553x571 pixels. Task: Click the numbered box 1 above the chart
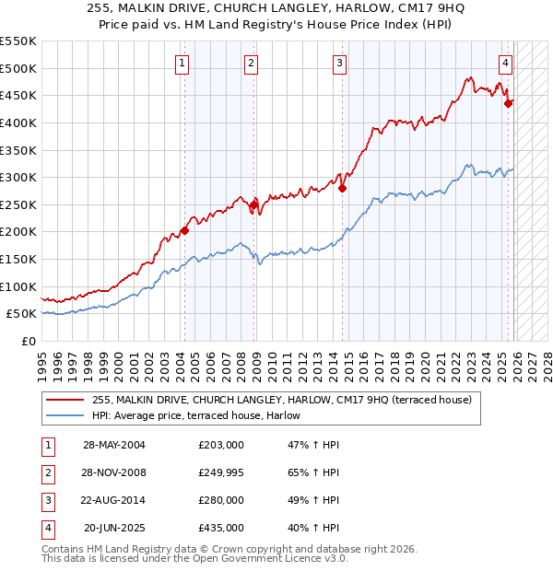point(182,64)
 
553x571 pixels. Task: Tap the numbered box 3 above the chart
point(340,64)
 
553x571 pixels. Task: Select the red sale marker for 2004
point(184,230)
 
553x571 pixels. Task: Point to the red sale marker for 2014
point(342,189)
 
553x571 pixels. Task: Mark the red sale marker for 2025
point(508,103)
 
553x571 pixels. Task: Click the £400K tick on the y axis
point(18,122)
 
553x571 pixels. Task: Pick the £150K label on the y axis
point(18,260)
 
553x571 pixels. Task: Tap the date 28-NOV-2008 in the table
point(114,472)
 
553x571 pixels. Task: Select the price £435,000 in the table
point(221,528)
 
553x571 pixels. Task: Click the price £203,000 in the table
point(221,445)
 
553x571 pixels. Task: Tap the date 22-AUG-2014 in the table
point(114,500)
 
